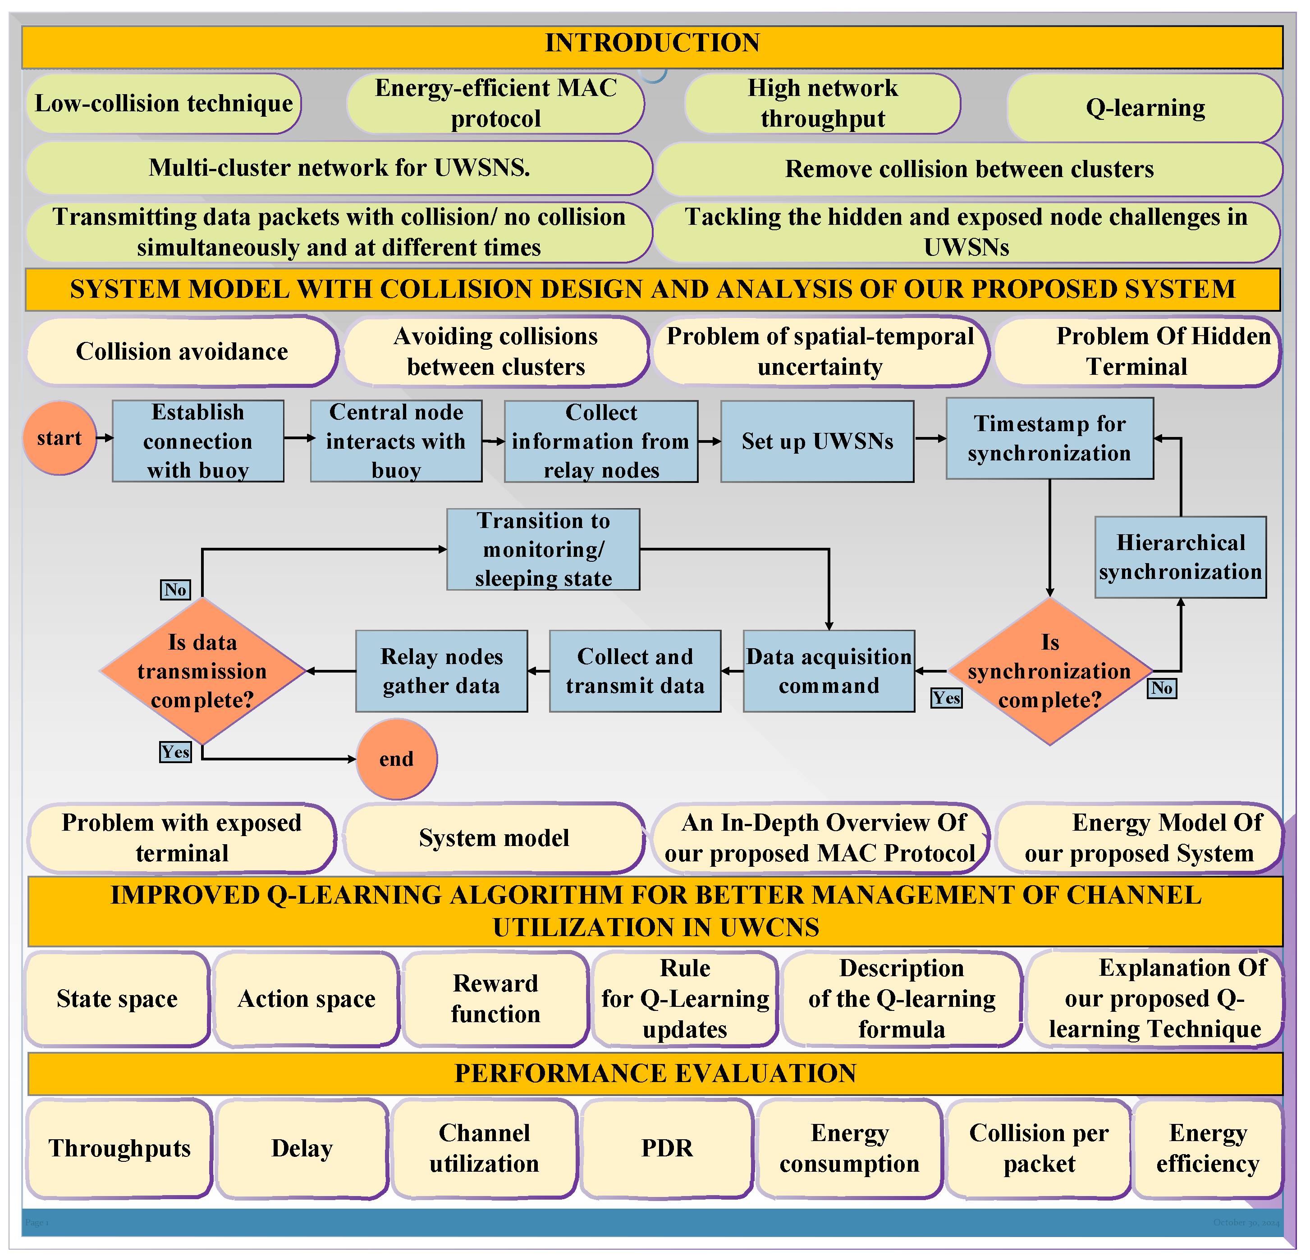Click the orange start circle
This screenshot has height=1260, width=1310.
coord(60,438)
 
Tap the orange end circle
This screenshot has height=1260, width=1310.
coord(396,759)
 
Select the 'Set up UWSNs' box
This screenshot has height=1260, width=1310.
coord(817,441)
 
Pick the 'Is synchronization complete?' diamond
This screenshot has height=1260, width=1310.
coord(1049,671)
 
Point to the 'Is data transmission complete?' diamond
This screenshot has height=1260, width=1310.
coord(202,671)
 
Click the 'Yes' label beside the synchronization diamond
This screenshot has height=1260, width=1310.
coord(946,698)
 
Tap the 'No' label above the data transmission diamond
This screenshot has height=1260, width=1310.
coord(175,589)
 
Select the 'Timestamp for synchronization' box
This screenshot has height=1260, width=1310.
coord(1049,438)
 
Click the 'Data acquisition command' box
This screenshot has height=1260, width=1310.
coord(829,671)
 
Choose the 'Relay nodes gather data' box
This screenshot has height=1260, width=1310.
coord(441,671)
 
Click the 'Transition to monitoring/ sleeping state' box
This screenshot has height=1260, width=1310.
coord(543,549)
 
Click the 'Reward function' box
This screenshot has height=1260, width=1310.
coord(495,998)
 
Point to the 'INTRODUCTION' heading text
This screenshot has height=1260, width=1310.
coord(652,43)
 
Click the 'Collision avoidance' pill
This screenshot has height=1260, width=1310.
coord(182,351)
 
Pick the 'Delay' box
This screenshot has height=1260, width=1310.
coord(302,1148)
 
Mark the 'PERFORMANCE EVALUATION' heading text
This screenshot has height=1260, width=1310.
coord(655,1073)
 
